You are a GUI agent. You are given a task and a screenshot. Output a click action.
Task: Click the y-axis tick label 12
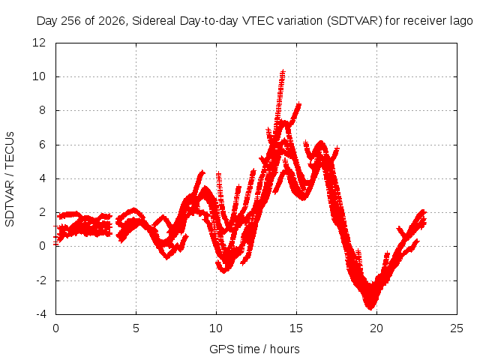39,43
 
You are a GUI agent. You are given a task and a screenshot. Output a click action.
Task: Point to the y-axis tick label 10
39,76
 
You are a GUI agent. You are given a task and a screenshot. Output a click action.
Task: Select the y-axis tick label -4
41,314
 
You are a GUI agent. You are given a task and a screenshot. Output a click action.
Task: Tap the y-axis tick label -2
41,280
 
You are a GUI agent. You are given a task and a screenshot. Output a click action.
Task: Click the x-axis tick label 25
457,328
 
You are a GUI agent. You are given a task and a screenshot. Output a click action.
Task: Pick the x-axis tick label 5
136,328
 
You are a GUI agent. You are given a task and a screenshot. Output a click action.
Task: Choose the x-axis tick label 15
296,328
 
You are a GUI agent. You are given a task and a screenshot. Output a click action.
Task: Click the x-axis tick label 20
376,328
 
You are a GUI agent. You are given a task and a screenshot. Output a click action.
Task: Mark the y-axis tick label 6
42,145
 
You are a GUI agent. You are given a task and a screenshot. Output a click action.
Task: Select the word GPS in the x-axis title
219,349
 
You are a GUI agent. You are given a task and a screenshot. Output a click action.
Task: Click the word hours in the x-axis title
285,349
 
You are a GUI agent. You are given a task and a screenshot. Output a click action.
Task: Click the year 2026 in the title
112,21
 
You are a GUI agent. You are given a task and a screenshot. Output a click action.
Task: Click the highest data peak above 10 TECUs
283,72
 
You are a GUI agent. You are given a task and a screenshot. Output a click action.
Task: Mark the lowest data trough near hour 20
370,307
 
